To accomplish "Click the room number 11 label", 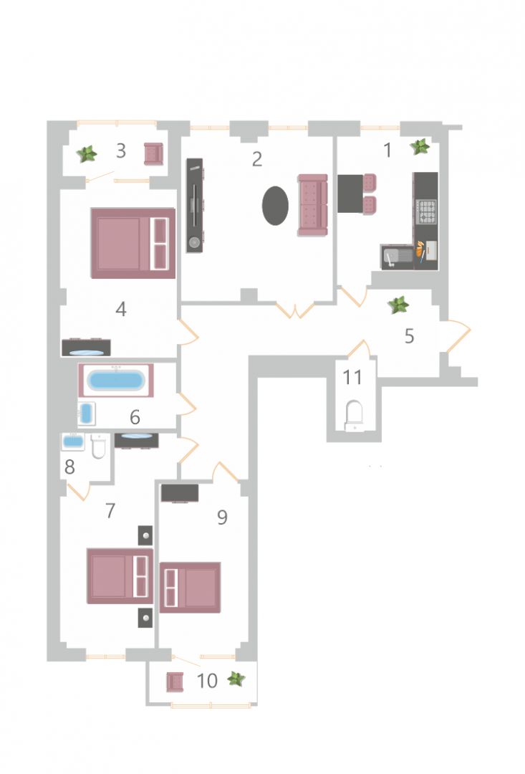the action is pyautogui.click(x=352, y=378).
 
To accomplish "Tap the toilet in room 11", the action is pyautogui.click(x=354, y=415).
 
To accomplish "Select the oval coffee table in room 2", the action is pyautogui.click(x=275, y=206).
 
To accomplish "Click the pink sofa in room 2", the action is pyautogui.click(x=312, y=205).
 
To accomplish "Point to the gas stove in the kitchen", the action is pyautogui.click(x=426, y=211).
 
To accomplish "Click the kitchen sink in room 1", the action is pyautogui.click(x=397, y=257).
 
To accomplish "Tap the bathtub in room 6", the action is pyautogui.click(x=116, y=381).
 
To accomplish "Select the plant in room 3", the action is pyautogui.click(x=87, y=154).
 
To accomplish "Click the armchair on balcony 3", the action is pyautogui.click(x=153, y=153).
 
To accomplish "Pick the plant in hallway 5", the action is pyautogui.click(x=398, y=305).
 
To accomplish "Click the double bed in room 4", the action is pyautogui.click(x=133, y=244).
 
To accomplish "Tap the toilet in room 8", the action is pyautogui.click(x=99, y=446).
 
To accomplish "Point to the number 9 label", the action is pyautogui.click(x=222, y=517).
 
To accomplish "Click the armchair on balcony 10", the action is pyautogui.click(x=175, y=682).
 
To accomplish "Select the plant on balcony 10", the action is pyautogui.click(x=236, y=679).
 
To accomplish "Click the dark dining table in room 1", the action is pyautogui.click(x=350, y=193).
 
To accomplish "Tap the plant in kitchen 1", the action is pyautogui.click(x=420, y=147).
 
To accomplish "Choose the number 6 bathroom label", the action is pyautogui.click(x=135, y=418).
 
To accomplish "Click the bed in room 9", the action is pyautogui.click(x=190, y=588).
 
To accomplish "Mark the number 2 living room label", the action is pyautogui.click(x=256, y=159).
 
